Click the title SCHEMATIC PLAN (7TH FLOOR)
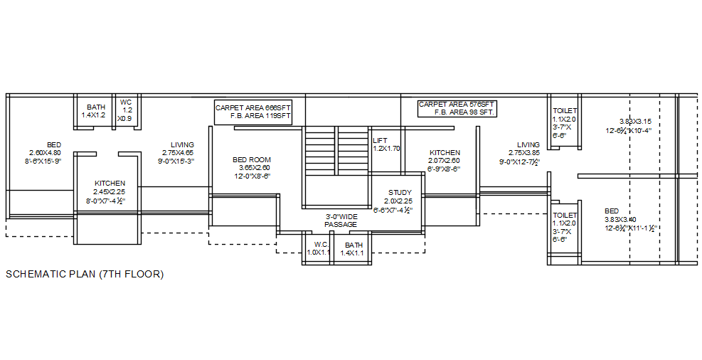[85, 274]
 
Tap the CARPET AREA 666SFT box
[254, 112]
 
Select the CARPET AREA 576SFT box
[457, 108]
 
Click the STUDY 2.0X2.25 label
[399, 201]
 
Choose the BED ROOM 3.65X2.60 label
[252, 167]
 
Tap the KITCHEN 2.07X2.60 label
[445, 161]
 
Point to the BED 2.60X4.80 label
[45, 153]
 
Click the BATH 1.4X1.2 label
[95, 111]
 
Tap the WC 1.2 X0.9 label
[127, 110]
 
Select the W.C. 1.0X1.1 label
[316, 248]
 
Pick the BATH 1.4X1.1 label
[353, 248]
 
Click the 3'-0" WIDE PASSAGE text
[340, 221]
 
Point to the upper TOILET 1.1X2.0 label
[565, 122]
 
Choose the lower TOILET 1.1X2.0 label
[565, 227]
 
